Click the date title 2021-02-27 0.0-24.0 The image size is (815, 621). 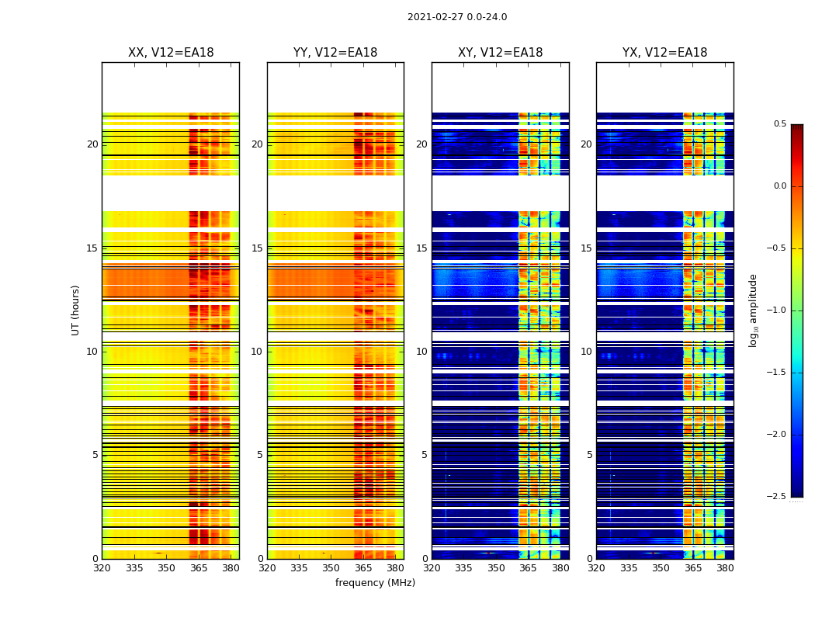pos(457,17)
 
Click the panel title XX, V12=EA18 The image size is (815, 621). pos(171,53)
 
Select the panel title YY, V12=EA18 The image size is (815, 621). pos(335,53)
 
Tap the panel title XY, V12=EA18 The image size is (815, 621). pos(501,53)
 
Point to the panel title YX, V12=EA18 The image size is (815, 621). pos(665,53)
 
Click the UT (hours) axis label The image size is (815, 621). pos(76,310)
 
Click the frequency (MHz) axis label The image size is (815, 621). pos(375,583)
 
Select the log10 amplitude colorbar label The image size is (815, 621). pos(753,310)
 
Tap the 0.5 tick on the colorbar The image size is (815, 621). pos(779,124)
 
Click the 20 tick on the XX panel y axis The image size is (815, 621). pos(92,144)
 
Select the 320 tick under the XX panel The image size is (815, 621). pos(102,568)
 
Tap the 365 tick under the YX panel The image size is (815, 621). pos(693,568)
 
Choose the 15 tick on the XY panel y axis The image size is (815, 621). pos(422,248)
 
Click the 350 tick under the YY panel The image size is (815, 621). pos(331,568)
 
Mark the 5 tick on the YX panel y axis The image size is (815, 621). pos(590,455)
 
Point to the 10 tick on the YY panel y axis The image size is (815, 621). pos(257,352)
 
